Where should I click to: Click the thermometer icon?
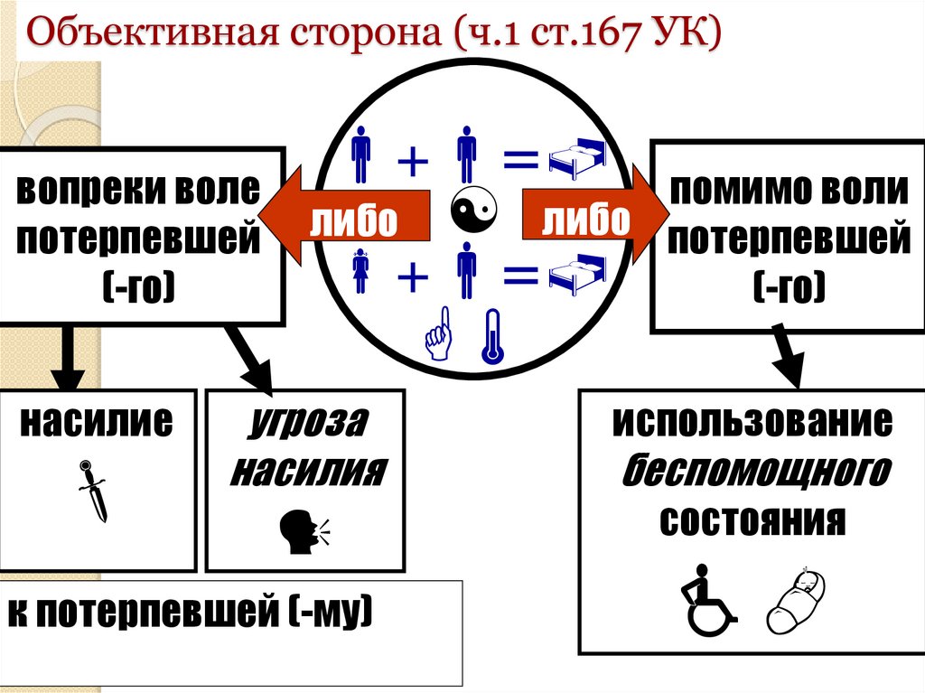click(x=491, y=337)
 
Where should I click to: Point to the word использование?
click(x=752, y=423)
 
